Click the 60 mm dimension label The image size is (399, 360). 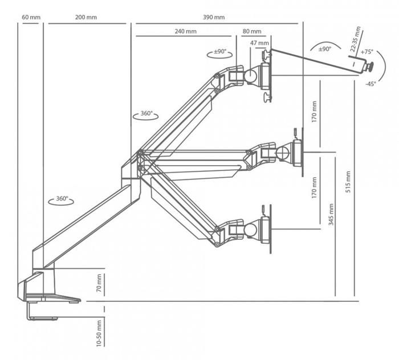31,17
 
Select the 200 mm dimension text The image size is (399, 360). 85,17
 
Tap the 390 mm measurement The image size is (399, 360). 214,17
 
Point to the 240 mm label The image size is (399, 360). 186,32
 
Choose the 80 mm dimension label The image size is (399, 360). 252,32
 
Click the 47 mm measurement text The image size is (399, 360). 259,43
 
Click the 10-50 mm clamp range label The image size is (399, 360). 99,333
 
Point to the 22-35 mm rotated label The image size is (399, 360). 356,38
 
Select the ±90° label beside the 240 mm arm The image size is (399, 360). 220,52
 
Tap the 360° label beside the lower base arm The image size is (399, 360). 62,199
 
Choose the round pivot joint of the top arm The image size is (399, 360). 250,75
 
